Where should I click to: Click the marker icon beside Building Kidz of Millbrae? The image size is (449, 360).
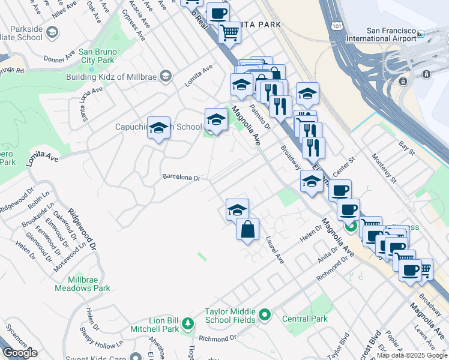166,76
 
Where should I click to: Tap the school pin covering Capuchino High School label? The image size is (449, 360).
158,128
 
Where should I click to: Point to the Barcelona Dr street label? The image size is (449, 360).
184,178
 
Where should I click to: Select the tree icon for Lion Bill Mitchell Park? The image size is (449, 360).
188,325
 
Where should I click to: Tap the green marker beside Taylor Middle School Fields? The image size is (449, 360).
265,314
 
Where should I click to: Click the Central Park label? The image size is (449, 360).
305,319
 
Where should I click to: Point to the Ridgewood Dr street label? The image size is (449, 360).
82,229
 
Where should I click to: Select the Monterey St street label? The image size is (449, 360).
385,172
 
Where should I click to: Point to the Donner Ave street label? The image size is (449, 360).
58,59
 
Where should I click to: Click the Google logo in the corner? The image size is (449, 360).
20,353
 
